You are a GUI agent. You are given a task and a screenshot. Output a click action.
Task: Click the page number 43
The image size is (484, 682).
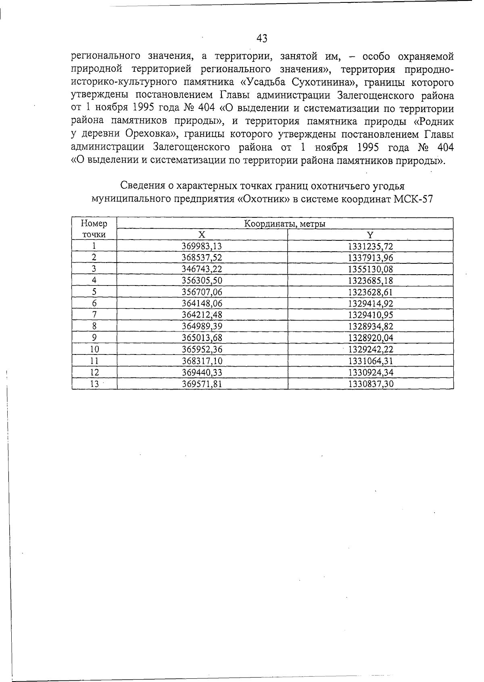coord(261,38)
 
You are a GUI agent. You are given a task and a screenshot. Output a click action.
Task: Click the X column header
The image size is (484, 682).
coord(202,235)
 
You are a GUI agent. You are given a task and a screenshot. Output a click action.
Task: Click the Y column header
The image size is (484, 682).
coord(370,235)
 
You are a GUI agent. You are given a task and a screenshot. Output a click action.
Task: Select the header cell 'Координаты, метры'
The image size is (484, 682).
coord(285,224)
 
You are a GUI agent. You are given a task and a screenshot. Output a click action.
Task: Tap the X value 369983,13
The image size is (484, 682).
coord(202,246)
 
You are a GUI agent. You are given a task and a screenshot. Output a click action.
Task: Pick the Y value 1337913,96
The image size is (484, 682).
coord(370,258)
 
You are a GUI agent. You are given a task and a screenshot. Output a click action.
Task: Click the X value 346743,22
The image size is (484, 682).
coord(202,269)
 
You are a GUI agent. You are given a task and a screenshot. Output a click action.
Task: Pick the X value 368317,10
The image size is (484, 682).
coord(202,361)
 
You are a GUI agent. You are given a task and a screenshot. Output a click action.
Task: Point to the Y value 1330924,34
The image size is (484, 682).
coord(370,372)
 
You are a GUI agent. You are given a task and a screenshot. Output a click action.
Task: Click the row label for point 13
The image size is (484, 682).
coord(94,384)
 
